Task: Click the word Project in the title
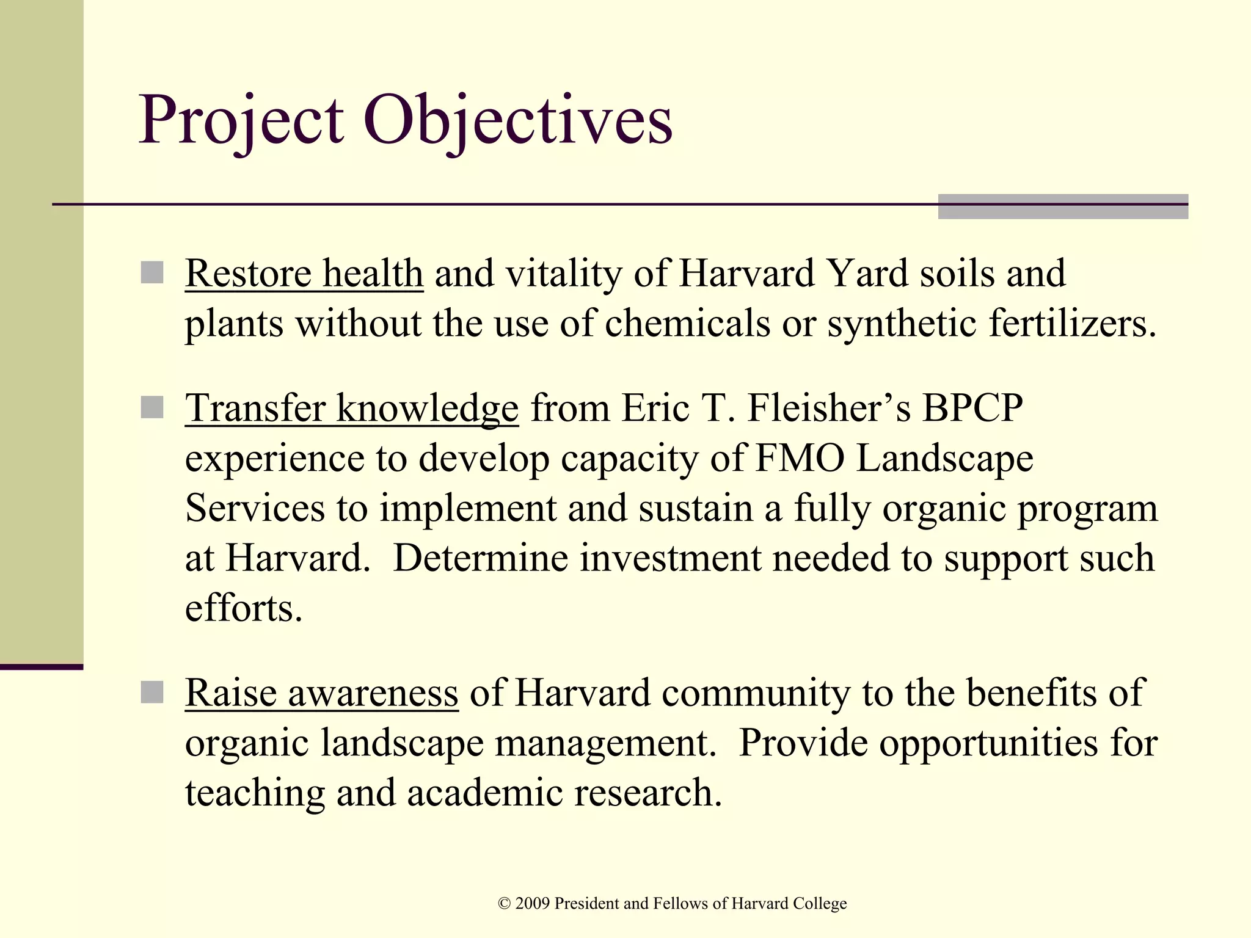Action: (x=241, y=120)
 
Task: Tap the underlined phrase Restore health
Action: (x=304, y=273)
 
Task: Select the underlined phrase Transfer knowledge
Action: (x=352, y=408)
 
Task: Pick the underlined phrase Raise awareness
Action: (x=321, y=693)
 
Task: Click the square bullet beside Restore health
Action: (x=152, y=273)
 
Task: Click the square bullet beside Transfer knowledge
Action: (x=152, y=407)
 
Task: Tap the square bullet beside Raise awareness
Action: (x=152, y=693)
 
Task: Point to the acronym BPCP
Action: (x=972, y=408)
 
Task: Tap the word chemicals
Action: (x=687, y=323)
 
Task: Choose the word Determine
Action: (x=481, y=558)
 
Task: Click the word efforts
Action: (x=243, y=608)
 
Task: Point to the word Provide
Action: (x=803, y=743)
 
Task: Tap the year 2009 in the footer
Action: (x=532, y=904)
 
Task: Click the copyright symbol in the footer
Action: (x=505, y=904)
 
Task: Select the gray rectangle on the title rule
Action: (x=1063, y=206)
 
